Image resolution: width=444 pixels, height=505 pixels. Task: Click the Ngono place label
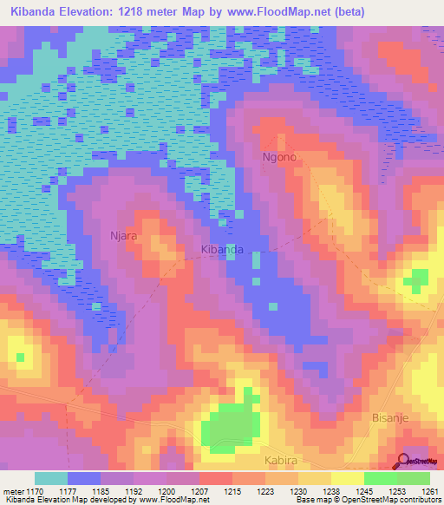[x=279, y=158]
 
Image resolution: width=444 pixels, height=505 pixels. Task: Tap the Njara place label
[x=124, y=235]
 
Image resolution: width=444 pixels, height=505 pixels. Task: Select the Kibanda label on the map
[x=221, y=249]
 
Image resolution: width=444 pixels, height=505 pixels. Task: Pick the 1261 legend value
[x=428, y=490]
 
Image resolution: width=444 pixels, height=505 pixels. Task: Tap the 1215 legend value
[x=232, y=490]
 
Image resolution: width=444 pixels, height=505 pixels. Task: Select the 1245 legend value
[x=363, y=490]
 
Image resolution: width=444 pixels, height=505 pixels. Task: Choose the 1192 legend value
[x=134, y=490]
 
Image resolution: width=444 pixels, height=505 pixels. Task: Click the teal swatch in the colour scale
[x=50, y=478]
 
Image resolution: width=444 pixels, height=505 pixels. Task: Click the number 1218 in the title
[x=141, y=11]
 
